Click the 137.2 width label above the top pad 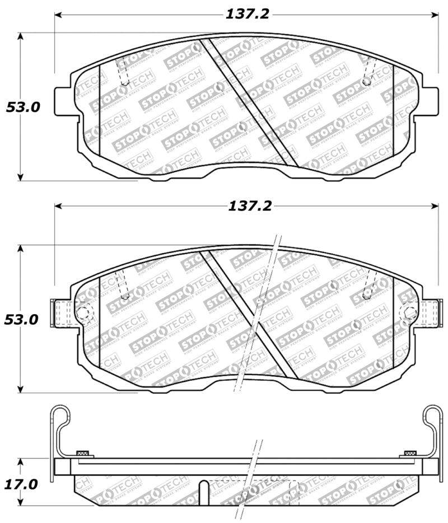247,14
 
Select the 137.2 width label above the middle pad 250,206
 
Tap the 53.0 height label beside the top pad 23,107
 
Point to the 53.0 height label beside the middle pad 22,320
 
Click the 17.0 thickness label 22,483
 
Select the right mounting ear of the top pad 430,101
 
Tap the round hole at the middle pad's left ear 83,312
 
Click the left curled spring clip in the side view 60,417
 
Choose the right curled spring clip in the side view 432,417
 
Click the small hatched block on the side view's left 82,452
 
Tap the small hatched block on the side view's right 409,452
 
